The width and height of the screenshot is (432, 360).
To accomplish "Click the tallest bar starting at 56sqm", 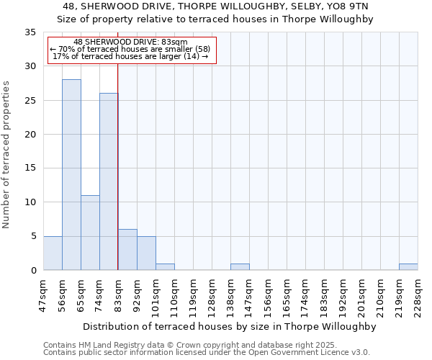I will [x=71, y=175].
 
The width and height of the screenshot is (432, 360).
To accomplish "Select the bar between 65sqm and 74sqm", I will [x=90, y=233].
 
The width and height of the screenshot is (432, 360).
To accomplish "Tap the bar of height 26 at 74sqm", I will [x=109, y=181].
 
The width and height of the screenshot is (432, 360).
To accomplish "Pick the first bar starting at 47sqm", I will [x=53, y=253].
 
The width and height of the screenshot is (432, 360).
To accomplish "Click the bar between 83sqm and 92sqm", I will [x=127, y=250].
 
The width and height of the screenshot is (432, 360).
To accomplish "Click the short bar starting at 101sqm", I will [x=165, y=267].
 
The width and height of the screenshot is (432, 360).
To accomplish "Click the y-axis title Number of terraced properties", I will [x=6, y=155].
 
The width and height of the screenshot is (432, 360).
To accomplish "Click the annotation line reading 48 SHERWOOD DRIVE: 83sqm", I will [x=131, y=42].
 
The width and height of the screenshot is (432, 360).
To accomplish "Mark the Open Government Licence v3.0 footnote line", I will [x=207, y=352].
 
